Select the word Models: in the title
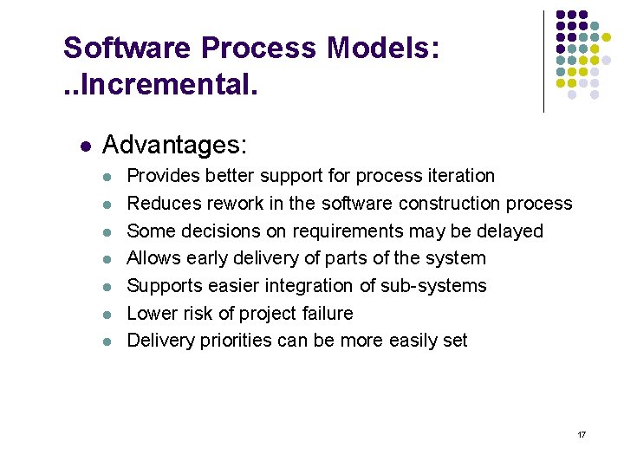coord(384,48)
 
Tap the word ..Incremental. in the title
coord(160,86)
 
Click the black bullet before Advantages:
coord(83,144)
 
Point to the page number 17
coord(582,433)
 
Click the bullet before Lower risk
coord(106,315)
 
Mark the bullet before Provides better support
coord(106,177)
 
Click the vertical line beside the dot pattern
coord(543,61)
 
